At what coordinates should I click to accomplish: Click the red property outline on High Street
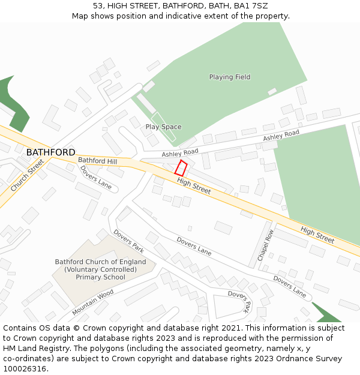[181, 168]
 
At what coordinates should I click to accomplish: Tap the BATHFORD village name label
[50, 152]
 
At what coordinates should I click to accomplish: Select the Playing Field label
[230, 77]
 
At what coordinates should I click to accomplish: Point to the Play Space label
[163, 127]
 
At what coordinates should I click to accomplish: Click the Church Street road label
[27, 175]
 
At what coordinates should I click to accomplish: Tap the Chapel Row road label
[265, 244]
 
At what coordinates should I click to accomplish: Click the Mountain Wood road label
[92, 302]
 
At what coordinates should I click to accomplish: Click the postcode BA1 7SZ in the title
[251, 5]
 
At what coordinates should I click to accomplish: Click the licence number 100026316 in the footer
[26, 369]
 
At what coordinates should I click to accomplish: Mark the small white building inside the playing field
[272, 91]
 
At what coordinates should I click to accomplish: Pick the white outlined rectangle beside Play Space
[163, 127]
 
